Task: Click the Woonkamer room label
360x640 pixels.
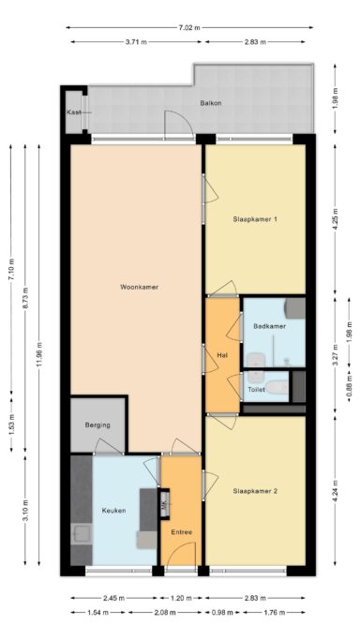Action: (139, 287)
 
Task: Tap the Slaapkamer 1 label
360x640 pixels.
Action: (255, 219)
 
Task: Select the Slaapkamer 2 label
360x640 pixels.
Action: (255, 491)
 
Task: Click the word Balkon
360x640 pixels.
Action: (211, 103)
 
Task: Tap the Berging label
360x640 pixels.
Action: (97, 424)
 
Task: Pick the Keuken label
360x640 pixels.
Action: (113, 511)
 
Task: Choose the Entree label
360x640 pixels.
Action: (181, 532)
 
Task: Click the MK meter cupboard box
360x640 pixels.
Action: (164, 504)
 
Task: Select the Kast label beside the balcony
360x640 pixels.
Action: (74, 112)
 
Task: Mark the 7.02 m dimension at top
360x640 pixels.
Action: (189, 28)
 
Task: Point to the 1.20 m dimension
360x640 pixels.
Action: (181, 599)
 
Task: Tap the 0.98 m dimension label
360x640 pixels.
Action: (223, 612)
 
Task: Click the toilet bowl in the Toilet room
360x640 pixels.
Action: (277, 386)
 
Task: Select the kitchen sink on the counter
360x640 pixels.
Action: (82, 535)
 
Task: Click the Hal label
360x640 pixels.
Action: (222, 355)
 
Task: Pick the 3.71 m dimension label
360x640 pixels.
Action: (136, 42)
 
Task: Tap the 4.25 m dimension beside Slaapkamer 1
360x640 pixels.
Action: (335, 219)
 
